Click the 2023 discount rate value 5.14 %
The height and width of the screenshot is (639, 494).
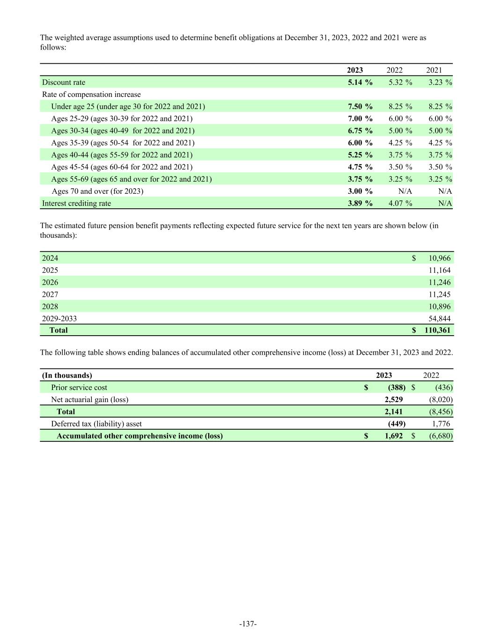click(360, 82)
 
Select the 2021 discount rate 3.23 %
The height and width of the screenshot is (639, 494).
click(440, 82)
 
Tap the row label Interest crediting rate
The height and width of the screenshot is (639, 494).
click(76, 203)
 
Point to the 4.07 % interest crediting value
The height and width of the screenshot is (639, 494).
click(400, 203)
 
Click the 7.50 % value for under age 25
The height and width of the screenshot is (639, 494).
click(360, 106)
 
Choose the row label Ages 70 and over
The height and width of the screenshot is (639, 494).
click(97, 191)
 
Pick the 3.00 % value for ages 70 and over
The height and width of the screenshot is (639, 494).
click(360, 191)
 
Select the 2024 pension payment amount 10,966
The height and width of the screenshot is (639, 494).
click(439, 258)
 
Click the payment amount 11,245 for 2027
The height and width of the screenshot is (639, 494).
click(439, 294)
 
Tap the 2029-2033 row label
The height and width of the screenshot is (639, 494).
click(59, 318)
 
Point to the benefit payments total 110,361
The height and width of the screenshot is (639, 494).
click(437, 330)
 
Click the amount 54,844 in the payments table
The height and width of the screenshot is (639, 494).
click(439, 318)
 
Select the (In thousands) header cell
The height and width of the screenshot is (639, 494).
click(67, 375)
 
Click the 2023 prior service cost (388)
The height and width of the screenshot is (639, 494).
click(396, 388)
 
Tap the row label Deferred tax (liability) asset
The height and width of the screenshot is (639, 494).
click(96, 424)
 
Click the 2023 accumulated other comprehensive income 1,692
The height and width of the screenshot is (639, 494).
click(393, 436)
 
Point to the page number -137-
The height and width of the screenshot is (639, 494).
click(248, 624)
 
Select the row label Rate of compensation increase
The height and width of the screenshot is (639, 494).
click(91, 95)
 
